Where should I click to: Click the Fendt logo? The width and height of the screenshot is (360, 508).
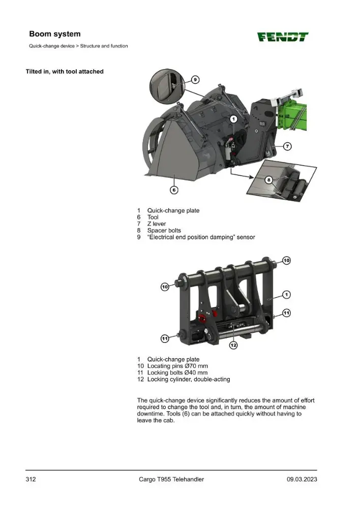coord(283,37)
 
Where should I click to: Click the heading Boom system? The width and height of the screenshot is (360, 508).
coord(55,34)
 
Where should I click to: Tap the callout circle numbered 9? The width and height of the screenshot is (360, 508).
coord(195,80)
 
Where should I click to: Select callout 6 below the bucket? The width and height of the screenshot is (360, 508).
coord(174,190)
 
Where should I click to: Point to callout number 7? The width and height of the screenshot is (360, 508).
coord(287,146)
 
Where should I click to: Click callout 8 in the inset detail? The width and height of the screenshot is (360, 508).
coord(268,180)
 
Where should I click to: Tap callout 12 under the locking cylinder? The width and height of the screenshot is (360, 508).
coord(233,345)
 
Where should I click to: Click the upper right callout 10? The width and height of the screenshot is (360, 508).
coord(286,261)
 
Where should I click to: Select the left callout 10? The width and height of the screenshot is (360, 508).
coord(165,287)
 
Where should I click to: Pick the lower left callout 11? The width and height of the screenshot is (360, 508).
coord(165,338)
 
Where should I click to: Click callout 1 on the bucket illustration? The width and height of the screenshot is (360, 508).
coord(234,119)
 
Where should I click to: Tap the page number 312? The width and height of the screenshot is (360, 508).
coord(31,480)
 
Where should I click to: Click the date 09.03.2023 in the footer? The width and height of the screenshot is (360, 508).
coord(302,480)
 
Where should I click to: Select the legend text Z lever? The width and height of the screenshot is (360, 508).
coord(157,224)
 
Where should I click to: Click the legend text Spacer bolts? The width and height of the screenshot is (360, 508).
coord(164,231)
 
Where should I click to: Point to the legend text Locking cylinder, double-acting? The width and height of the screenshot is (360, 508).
coord(189,379)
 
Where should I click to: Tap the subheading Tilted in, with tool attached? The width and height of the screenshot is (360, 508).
coord(65,72)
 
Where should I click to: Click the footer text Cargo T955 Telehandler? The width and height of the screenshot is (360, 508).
coord(171,480)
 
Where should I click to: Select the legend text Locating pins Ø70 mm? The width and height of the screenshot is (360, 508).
coord(178,366)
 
